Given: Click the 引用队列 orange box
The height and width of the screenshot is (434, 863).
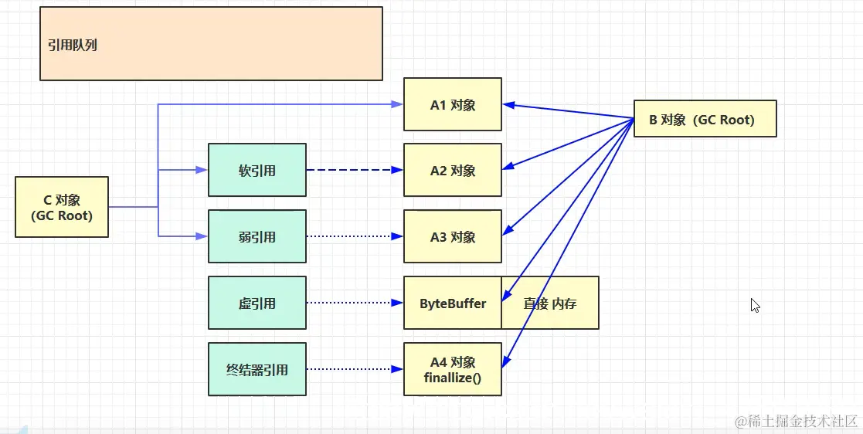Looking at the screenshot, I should pyautogui.click(x=211, y=44).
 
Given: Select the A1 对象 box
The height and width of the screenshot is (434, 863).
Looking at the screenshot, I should pyautogui.click(x=453, y=104).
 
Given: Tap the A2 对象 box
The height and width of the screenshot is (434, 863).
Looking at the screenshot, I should pyautogui.click(x=453, y=170).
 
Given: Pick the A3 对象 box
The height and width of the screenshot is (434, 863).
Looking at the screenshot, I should pyautogui.click(x=453, y=236).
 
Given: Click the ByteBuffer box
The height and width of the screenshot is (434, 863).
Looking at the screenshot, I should pyautogui.click(x=453, y=303).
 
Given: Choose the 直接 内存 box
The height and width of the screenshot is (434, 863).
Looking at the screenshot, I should pyautogui.click(x=550, y=303).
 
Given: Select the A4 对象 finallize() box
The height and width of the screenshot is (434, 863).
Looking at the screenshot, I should pyautogui.click(x=453, y=369).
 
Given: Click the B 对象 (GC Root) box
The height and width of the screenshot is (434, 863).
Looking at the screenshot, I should pyautogui.click(x=705, y=119).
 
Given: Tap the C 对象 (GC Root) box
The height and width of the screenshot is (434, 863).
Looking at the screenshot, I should pyautogui.click(x=62, y=207).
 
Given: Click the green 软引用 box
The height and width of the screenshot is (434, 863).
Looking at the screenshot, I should pyautogui.click(x=257, y=170).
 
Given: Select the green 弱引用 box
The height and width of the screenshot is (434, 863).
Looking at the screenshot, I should pyautogui.click(x=257, y=236).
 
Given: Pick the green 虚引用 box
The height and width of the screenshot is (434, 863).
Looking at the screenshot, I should pyautogui.click(x=257, y=303).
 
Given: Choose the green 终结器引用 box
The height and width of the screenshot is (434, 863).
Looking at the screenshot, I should pyautogui.click(x=257, y=369).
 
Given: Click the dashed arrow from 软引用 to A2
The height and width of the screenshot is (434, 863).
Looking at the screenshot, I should pyautogui.click(x=355, y=170).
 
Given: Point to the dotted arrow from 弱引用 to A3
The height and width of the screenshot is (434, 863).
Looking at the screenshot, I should pyautogui.click(x=355, y=236).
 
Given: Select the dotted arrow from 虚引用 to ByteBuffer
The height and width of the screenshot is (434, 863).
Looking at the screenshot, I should pyautogui.click(x=355, y=303).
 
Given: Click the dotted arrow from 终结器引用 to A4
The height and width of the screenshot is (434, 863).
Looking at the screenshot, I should pyautogui.click(x=355, y=369).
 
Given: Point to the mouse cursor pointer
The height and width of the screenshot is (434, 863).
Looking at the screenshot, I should pyautogui.click(x=755, y=305).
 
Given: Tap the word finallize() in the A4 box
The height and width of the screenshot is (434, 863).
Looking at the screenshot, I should pyautogui.click(x=453, y=377).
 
